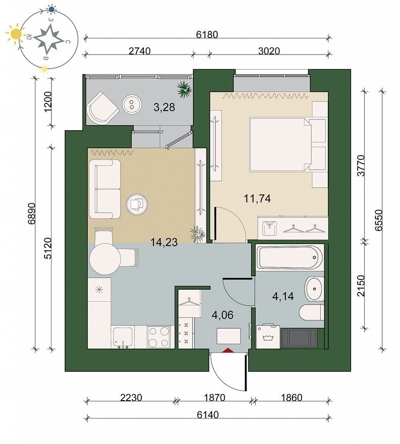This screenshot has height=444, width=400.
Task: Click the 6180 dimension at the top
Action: (x=207, y=34)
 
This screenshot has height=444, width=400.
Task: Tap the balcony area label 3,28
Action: (x=164, y=107)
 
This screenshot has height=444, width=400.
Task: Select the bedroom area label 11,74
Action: (x=258, y=198)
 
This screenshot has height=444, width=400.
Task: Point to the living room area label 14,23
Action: (x=164, y=242)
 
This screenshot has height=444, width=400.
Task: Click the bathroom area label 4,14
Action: (x=283, y=297)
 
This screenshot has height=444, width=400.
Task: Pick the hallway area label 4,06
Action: (x=223, y=315)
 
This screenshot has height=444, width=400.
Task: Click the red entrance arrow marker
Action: (x=228, y=350)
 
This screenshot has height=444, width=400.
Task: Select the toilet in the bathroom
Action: (x=311, y=312)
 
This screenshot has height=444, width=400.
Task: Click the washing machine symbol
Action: (x=268, y=337)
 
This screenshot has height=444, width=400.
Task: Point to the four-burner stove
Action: (x=159, y=337)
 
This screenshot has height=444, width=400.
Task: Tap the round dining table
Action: (x=105, y=258)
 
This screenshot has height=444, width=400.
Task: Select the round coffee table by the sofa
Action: (x=137, y=204)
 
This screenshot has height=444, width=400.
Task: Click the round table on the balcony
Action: (x=132, y=104)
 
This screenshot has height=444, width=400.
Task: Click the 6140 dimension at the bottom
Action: (x=208, y=415)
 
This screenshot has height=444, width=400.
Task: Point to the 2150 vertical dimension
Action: (x=361, y=286)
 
